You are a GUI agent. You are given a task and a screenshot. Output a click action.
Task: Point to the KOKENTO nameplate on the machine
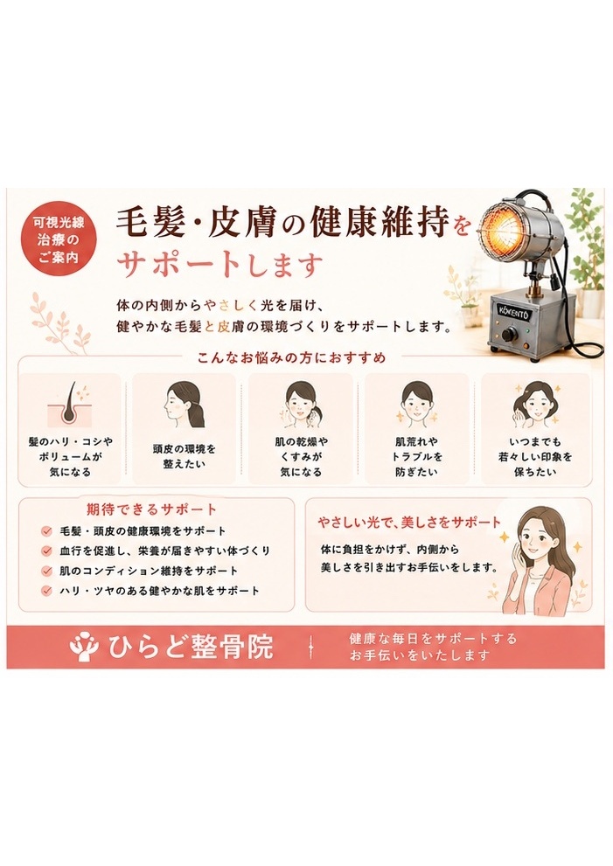[x=513, y=312]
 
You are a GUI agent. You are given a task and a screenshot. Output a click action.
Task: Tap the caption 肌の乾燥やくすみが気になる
[x=301, y=457]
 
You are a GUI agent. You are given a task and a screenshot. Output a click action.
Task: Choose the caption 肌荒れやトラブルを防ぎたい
[x=417, y=457]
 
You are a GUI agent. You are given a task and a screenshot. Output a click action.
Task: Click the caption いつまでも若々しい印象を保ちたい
[x=535, y=457]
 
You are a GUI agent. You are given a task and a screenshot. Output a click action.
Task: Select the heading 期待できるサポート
[x=151, y=509]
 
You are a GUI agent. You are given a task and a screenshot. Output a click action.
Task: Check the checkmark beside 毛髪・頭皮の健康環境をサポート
[x=46, y=531]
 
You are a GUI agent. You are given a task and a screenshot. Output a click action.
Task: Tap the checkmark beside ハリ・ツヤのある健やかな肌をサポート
[x=46, y=591]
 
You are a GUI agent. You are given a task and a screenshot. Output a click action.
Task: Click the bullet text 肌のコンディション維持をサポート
[x=149, y=571]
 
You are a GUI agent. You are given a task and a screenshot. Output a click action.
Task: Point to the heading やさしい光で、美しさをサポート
[x=409, y=522]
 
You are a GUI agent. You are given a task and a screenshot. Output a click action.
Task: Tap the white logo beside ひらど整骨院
[x=86, y=646]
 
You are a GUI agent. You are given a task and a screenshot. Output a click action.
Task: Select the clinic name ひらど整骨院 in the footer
[x=191, y=647]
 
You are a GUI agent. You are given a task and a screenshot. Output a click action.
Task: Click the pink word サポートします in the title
[x=219, y=264]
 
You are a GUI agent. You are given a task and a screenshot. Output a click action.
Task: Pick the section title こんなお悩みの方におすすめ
[x=292, y=358]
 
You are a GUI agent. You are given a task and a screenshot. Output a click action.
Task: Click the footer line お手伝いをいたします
[x=420, y=655]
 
